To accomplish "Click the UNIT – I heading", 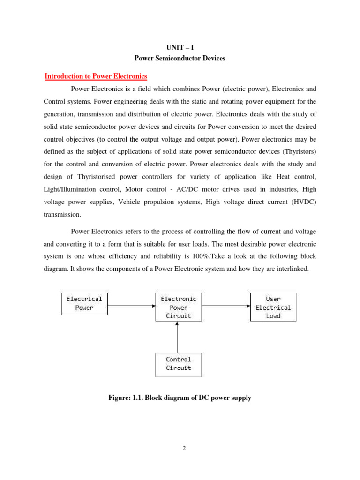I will click(x=180, y=48).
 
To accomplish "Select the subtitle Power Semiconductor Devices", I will click(x=180, y=59).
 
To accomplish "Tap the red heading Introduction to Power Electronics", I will click(x=96, y=76).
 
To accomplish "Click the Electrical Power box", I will click(x=84, y=303).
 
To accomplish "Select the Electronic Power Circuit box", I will click(x=179, y=307).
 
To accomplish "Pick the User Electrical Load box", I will click(x=273, y=307).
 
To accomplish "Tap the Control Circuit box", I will click(x=179, y=364).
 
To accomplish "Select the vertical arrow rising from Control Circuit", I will click(x=177, y=337).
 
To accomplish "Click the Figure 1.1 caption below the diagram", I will click(x=180, y=397).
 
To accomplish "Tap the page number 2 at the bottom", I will click(x=184, y=448).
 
